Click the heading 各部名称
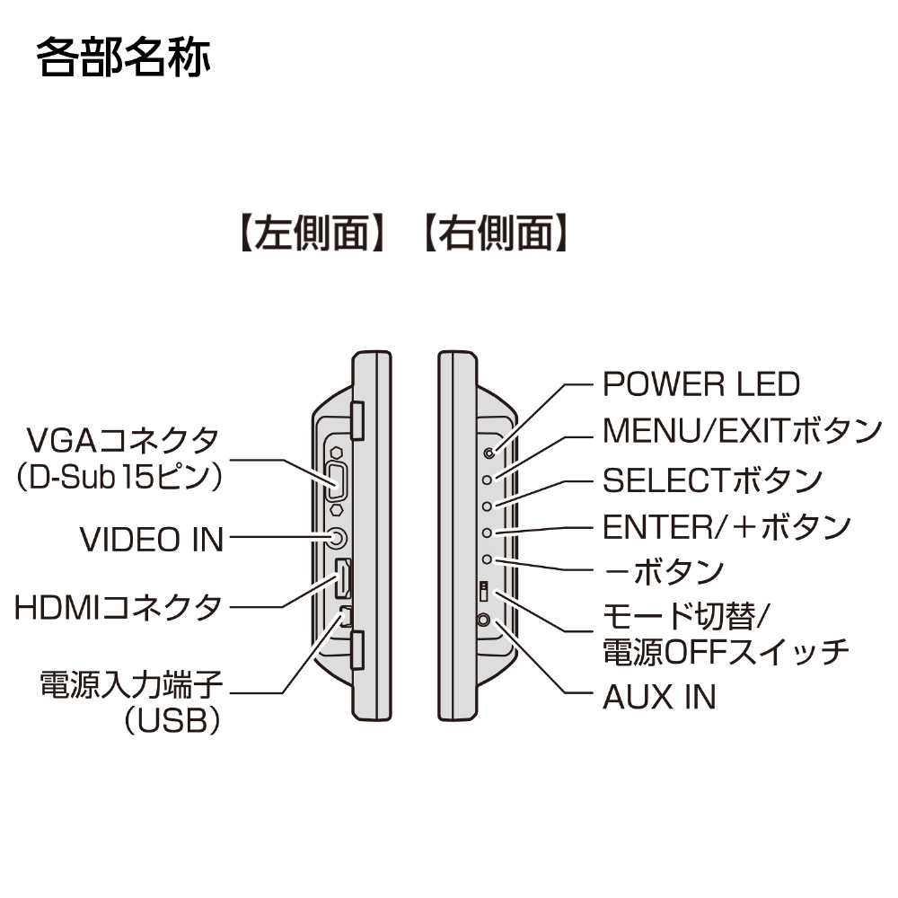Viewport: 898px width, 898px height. point(123,57)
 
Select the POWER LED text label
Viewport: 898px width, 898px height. point(700,384)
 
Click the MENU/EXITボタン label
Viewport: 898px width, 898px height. point(742,431)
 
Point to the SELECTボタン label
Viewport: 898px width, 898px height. point(712,480)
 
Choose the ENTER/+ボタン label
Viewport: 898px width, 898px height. point(726,527)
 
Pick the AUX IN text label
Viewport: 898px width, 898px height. point(659,696)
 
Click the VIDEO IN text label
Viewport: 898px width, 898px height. point(152,540)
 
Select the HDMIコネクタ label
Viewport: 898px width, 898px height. point(118,608)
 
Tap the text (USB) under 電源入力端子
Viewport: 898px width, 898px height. point(173,721)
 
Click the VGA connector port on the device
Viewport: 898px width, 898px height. point(337,481)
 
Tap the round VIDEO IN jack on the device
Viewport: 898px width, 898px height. point(336,538)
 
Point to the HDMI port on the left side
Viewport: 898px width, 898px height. point(341,578)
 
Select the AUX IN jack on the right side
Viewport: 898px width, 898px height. point(486,620)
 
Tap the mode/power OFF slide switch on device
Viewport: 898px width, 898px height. point(483,592)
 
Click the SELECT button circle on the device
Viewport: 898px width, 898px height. point(488,506)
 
